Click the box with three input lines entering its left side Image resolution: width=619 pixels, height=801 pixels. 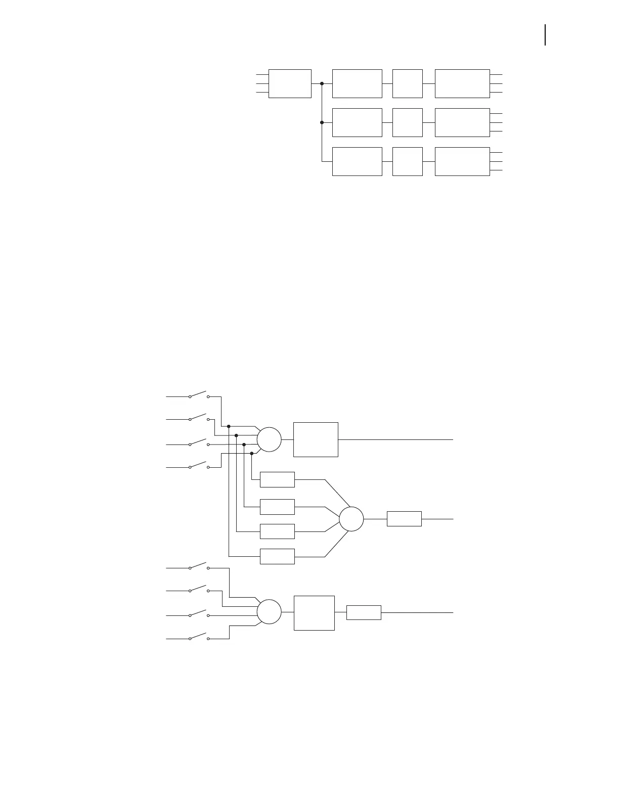[290, 83]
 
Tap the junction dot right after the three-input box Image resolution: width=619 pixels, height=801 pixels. [322, 83]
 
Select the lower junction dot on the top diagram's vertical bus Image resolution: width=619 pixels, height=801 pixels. [322, 122]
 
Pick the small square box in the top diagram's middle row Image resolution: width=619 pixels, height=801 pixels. [407, 122]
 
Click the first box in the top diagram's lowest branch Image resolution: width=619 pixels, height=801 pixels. [357, 161]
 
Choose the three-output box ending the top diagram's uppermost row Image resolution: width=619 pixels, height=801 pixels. [462, 83]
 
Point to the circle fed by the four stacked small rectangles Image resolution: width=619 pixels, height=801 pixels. [351, 519]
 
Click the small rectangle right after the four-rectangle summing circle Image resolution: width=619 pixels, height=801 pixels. [404, 519]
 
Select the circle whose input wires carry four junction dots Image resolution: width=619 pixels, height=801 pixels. [269, 439]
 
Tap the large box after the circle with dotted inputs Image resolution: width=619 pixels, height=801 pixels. [316, 439]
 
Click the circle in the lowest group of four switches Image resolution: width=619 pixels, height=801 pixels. [269, 612]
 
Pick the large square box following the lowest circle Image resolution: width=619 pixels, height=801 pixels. [314, 613]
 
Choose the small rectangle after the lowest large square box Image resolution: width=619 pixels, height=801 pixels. [364, 612]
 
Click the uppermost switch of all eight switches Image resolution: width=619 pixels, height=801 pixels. [199, 395]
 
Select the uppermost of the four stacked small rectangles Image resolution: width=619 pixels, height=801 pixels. [277, 479]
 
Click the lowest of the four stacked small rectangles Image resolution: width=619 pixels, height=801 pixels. [277, 556]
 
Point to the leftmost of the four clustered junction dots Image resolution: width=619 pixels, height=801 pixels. [229, 426]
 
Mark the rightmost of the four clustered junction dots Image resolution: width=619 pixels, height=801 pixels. [252, 454]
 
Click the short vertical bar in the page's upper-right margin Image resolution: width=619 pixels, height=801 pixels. [545, 35]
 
